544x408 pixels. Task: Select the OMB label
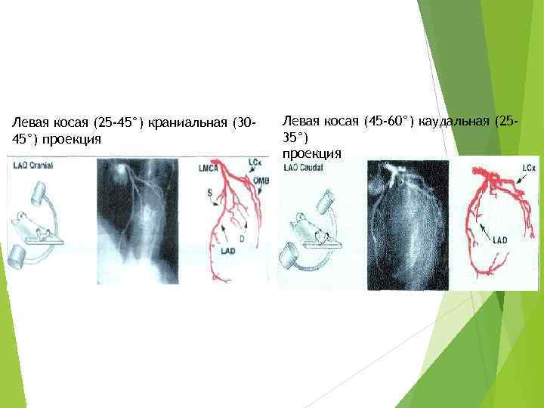click(x=261, y=180)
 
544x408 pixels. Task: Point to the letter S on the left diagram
click(x=209, y=194)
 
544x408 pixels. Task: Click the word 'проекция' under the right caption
click(x=311, y=153)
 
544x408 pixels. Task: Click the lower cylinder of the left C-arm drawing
click(x=19, y=255)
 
